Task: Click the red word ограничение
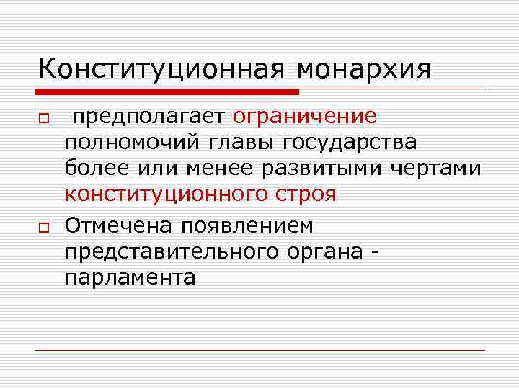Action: pyautogui.click(x=305, y=116)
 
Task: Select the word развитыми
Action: pyautogui.click(x=323, y=167)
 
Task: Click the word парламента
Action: pyautogui.click(x=130, y=277)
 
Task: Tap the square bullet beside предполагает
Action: pyautogui.click(x=43, y=118)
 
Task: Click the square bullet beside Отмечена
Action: pyautogui.click(x=43, y=227)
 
